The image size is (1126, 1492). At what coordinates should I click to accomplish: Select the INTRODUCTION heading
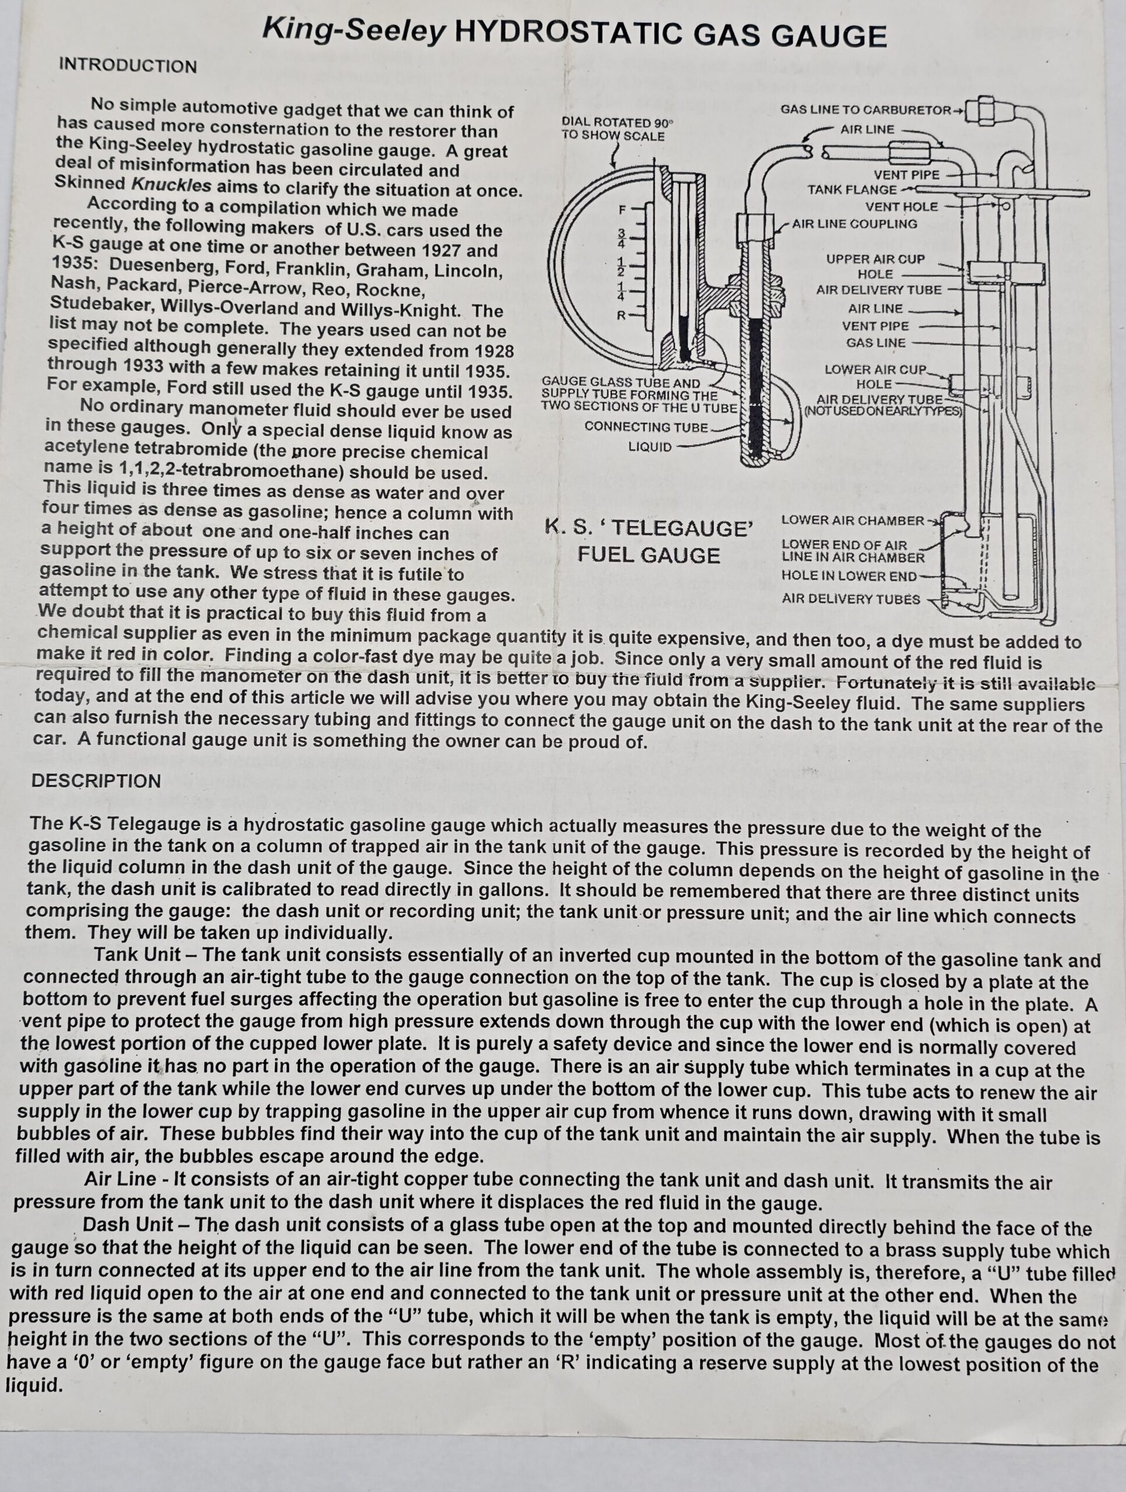point(128,66)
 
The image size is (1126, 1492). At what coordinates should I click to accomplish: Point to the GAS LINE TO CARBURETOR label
point(865,110)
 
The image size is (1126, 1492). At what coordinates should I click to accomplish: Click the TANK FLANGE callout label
point(851,189)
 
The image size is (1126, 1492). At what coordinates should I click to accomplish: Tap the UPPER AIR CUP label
point(875,259)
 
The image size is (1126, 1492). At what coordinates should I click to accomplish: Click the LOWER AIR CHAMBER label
point(852,520)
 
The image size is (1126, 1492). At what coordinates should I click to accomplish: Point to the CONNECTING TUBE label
point(646,427)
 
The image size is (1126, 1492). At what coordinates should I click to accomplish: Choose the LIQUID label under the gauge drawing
point(650,446)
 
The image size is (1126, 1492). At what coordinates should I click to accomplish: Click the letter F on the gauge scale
point(621,209)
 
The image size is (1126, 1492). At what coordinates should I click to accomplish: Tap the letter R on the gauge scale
point(621,315)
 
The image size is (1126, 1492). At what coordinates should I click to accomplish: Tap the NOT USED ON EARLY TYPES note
point(882,410)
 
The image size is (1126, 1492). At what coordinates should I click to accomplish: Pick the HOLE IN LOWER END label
point(849,576)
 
